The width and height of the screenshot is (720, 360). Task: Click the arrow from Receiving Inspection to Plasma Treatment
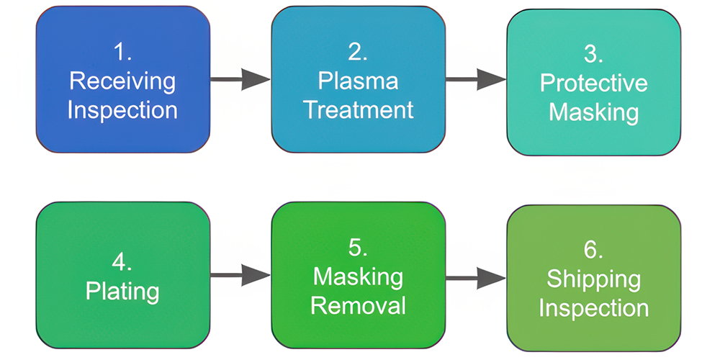click(240, 79)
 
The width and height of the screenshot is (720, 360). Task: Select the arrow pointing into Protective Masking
click(476, 79)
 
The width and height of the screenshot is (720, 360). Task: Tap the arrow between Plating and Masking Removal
click(240, 274)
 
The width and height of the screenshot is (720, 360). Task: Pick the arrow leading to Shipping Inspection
click(476, 277)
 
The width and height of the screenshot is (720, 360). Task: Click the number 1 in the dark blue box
click(122, 52)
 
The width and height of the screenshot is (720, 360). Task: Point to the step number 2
click(358, 51)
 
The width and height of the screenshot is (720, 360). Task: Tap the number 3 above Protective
click(593, 54)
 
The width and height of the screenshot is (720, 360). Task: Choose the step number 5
click(358, 247)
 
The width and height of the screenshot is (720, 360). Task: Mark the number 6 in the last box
click(593, 250)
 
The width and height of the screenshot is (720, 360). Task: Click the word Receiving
click(122, 81)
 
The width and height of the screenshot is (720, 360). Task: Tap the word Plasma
click(358, 80)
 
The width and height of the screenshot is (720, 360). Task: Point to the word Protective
click(593, 83)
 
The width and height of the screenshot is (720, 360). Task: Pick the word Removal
click(358, 305)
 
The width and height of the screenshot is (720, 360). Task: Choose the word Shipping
click(593, 279)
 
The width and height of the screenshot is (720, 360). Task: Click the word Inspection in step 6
click(593, 308)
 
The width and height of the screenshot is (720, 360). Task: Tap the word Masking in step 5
click(358, 276)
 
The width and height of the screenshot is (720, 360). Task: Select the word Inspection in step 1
click(122, 110)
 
